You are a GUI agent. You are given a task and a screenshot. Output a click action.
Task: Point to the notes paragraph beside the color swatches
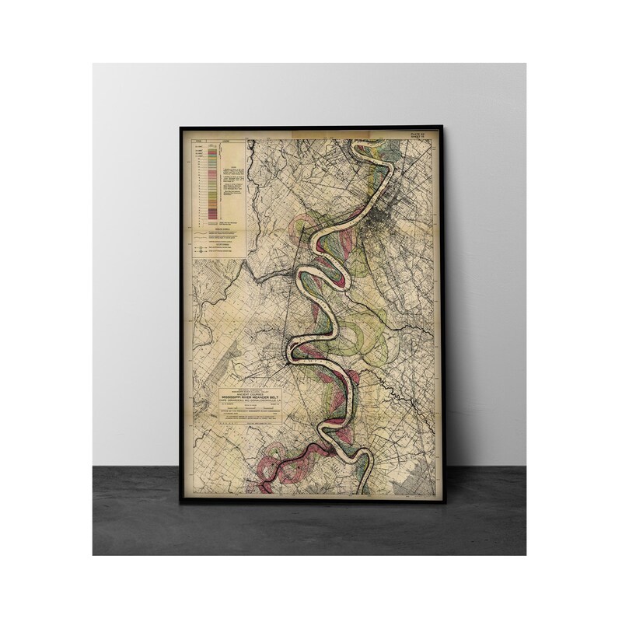coord(231,179)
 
